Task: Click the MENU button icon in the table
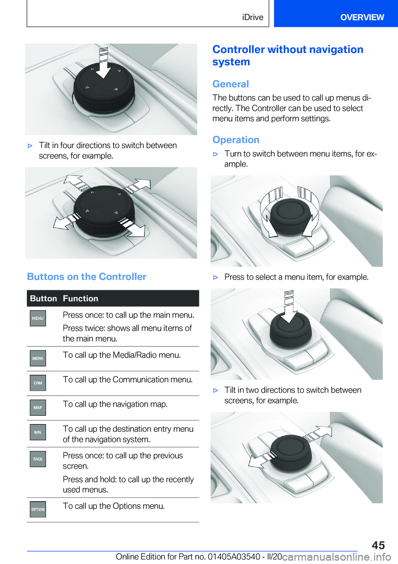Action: pyautogui.click(x=38, y=318)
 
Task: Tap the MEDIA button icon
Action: pyautogui.click(x=38, y=358)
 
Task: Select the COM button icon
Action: pyautogui.click(x=38, y=383)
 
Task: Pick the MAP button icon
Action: pyautogui.click(x=38, y=407)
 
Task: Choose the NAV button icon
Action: pyautogui.click(x=38, y=432)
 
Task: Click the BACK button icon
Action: pyautogui.click(x=38, y=459)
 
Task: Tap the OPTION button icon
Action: pyautogui.click(x=38, y=509)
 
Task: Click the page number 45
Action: pyautogui.click(x=378, y=545)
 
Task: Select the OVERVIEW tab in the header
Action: pyautogui.click(x=362, y=17)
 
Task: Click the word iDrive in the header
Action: pyautogui.click(x=252, y=17)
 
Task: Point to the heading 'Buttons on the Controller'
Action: pyautogui.click(x=87, y=277)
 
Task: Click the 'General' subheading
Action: pyautogui.click(x=231, y=84)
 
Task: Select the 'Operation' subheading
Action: pyautogui.click(x=235, y=140)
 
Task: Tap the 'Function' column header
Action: pyautogui.click(x=80, y=299)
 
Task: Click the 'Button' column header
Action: pyautogui.click(x=44, y=299)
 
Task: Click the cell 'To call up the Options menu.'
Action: pyautogui.click(x=114, y=506)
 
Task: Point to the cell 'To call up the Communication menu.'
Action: pyautogui.click(x=128, y=379)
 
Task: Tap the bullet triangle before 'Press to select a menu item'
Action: pyautogui.click(x=216, y=277)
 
